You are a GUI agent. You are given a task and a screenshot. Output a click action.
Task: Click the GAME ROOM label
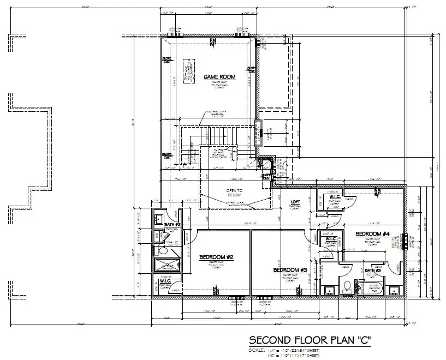219,77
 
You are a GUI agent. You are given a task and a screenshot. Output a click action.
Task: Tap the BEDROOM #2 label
216,257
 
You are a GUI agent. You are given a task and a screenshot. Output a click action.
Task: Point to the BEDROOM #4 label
372,234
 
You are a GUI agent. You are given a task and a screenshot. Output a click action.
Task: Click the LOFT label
295,201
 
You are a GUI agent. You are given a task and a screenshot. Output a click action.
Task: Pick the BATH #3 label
372,271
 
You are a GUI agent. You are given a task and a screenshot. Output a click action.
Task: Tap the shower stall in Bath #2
166,266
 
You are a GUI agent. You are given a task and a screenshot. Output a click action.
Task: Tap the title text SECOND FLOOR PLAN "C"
310,340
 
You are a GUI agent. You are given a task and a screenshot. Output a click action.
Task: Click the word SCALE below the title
257,350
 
